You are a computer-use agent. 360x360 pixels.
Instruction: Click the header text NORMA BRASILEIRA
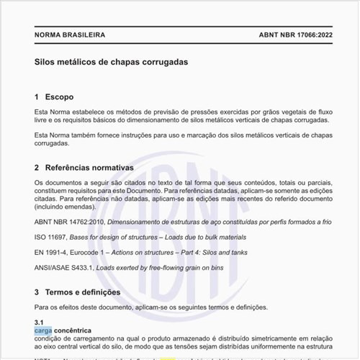(70, 35)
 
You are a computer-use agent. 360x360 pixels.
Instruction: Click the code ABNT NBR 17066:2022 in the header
(294, 35)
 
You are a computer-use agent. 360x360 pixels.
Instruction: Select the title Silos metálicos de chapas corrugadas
(111, 62)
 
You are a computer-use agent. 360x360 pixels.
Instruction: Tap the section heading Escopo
(58, 96)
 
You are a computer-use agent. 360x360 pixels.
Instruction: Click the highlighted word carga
(43, 330)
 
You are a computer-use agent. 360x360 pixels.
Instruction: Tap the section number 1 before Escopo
(37, 96)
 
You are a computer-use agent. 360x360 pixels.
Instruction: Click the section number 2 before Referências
(37, 168)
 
